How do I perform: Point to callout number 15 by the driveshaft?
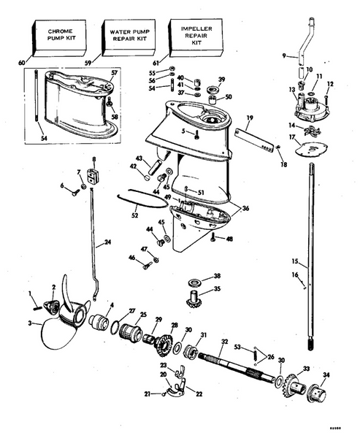[x=294, y=261]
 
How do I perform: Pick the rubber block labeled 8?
[x=93, y=176]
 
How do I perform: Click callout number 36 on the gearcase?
[x=245, y=208]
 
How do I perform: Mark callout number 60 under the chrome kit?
[x=31, y=64]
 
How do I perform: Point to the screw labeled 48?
[x=212, y=237]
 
